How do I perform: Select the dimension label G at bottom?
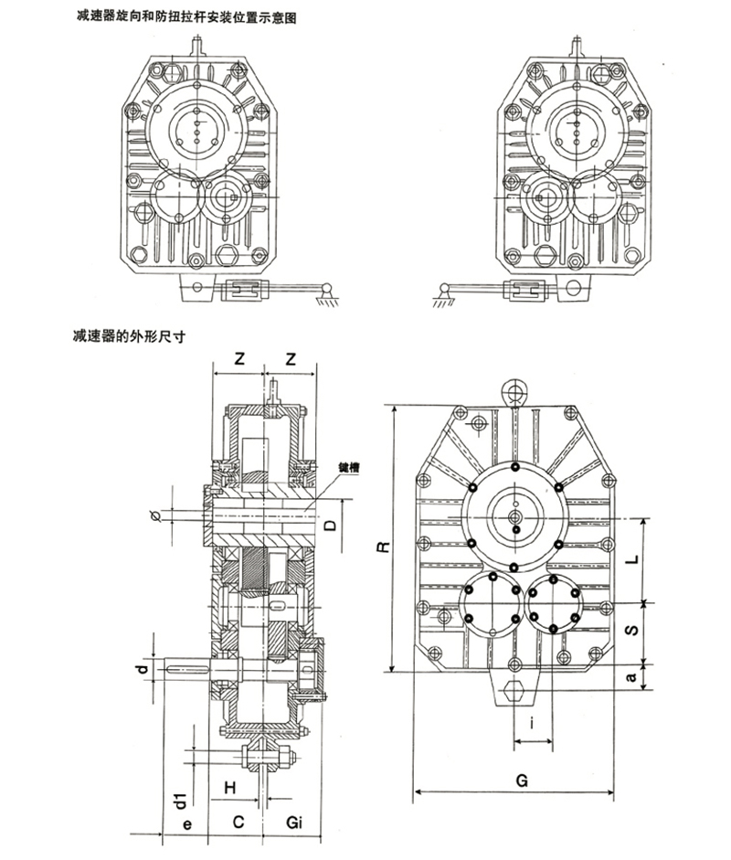(520, 781)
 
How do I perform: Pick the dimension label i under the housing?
(532, 732)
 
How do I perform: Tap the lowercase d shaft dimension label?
(142, 671)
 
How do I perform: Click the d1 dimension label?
(182, 801)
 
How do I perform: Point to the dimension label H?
(232, 786)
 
